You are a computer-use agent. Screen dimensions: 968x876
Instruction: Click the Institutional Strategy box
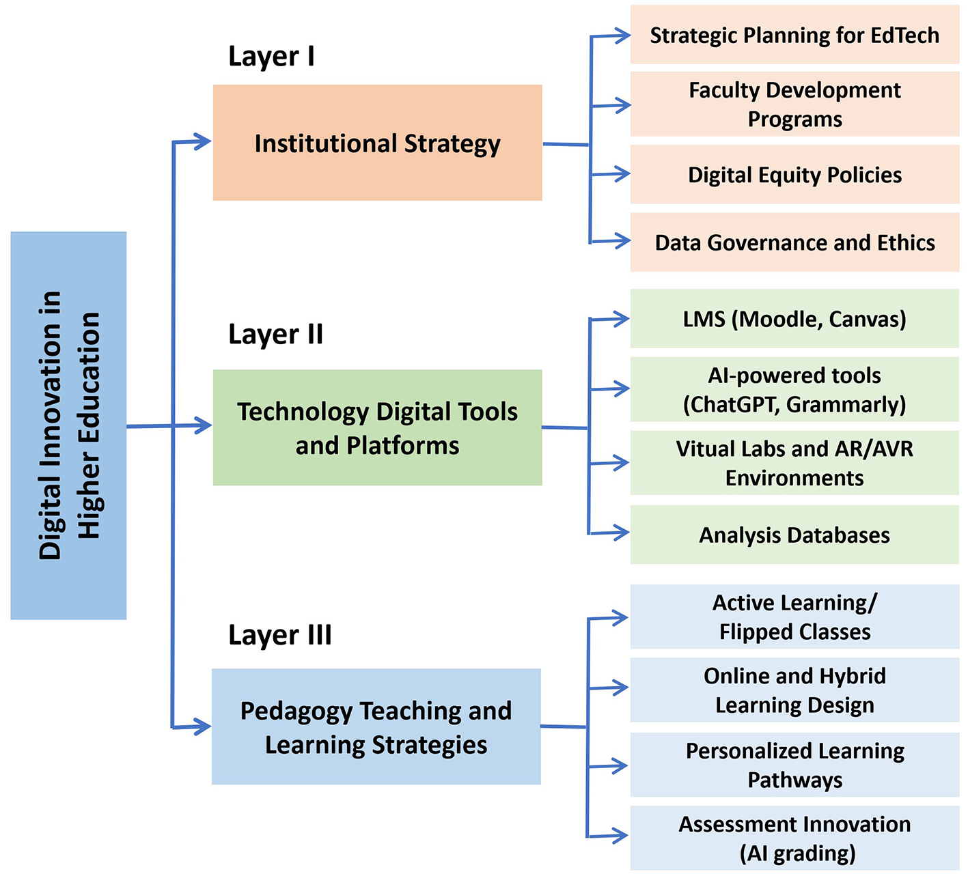point(377,143)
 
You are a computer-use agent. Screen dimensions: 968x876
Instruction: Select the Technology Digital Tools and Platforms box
point(377,427)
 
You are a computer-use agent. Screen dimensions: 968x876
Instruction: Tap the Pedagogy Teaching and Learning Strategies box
point(376,726)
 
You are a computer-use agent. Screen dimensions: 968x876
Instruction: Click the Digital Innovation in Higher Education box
point(68,425)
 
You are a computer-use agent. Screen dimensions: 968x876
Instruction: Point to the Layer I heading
point(271,57)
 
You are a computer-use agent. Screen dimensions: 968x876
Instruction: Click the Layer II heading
point(275,335)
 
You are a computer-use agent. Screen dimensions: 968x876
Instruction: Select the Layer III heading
point(279,635)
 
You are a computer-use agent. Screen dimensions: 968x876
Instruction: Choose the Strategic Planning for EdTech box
point(794,35)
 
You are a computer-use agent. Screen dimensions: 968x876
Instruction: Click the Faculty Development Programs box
point(794,104)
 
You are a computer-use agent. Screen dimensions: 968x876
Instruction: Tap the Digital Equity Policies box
point(794,175)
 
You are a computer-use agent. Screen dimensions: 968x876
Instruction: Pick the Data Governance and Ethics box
point(794,242)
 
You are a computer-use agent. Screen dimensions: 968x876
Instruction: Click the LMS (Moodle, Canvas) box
point(794,319)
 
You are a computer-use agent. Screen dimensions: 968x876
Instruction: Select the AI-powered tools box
point(794,389)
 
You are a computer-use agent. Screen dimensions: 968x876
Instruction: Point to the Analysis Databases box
point(794,535)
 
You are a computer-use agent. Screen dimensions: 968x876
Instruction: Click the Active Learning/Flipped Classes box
point(794,617)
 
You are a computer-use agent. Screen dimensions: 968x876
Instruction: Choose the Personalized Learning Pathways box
point(794,765)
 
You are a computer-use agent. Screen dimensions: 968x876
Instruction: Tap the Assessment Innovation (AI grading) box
point(794,838)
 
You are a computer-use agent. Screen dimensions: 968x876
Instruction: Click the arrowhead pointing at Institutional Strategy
point(204,141)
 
